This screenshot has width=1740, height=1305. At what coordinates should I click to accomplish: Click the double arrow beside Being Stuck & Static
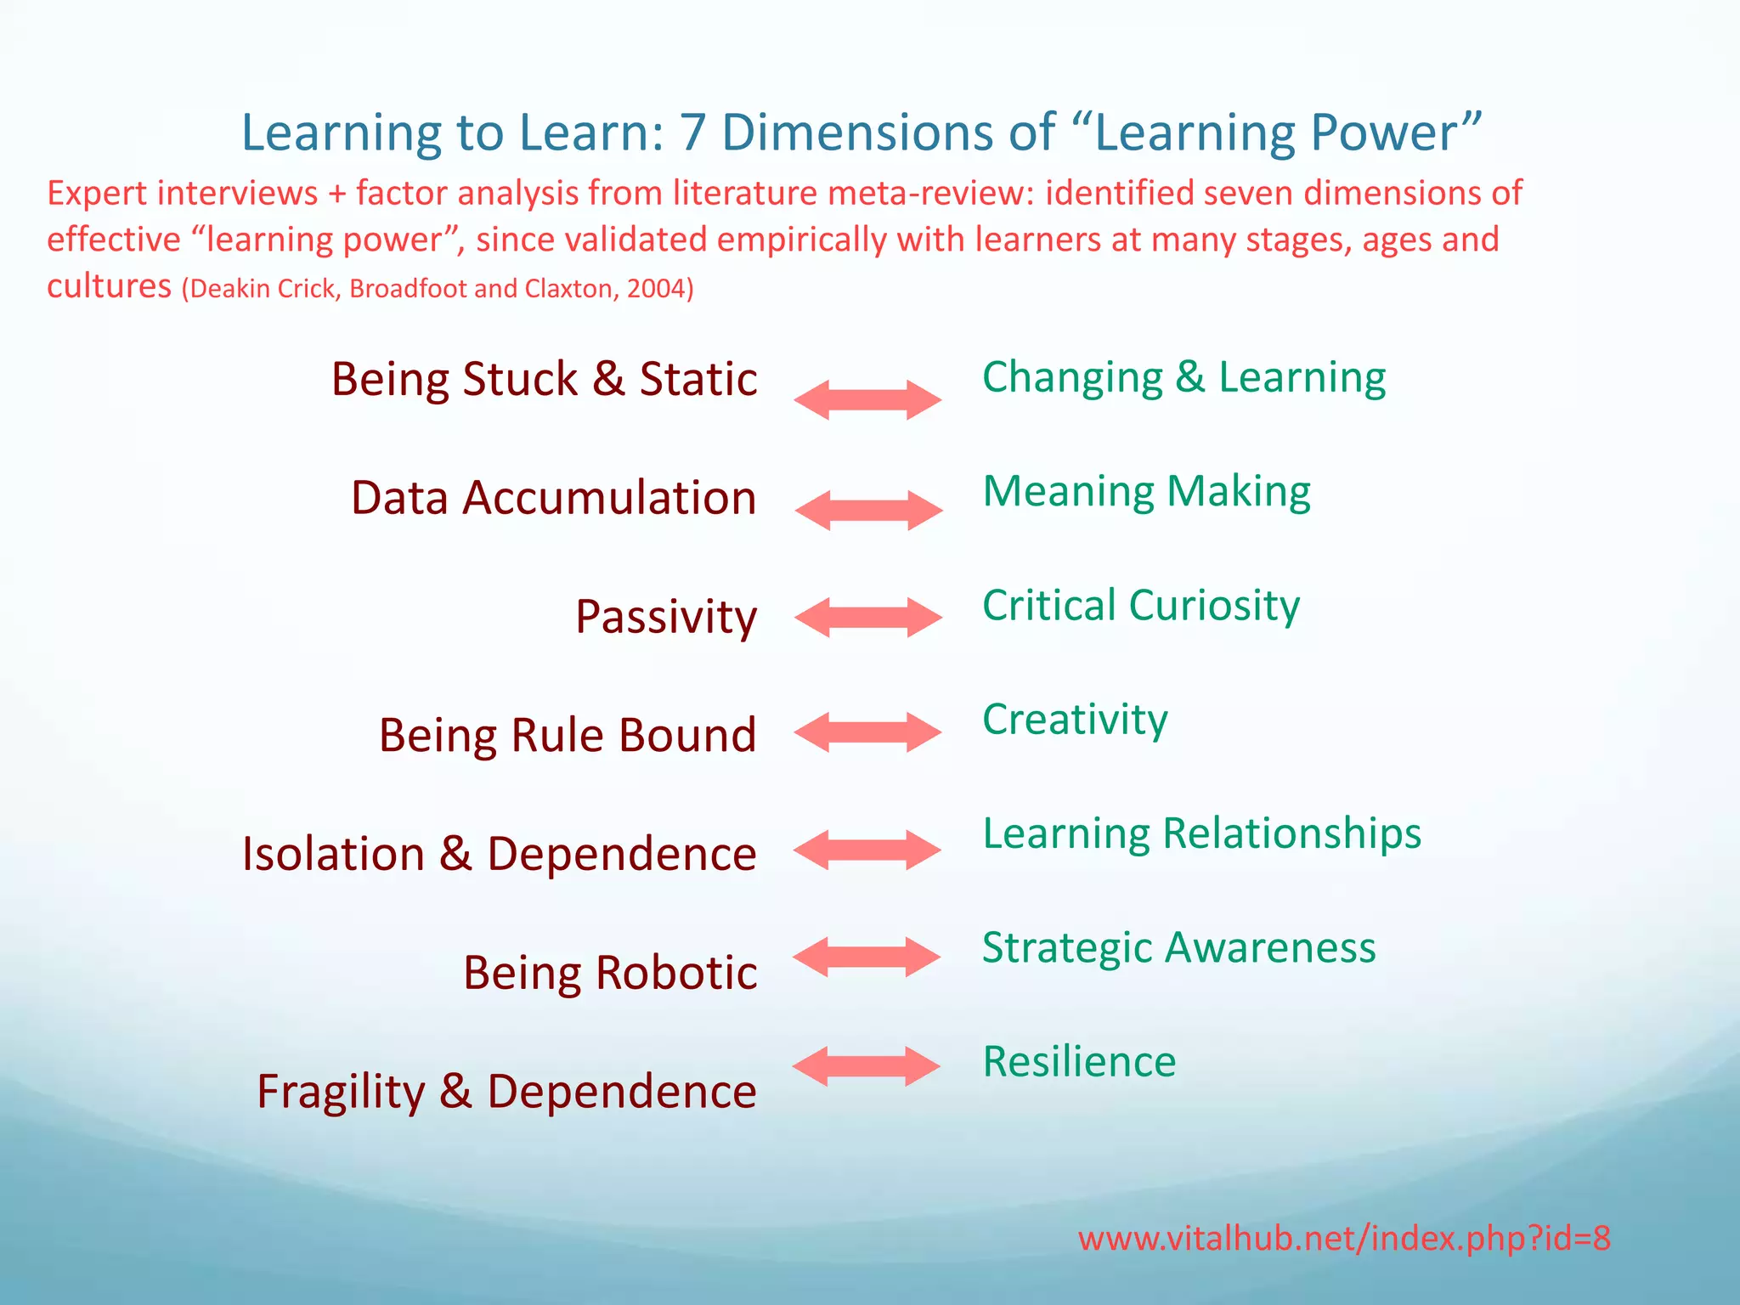coord(867,399)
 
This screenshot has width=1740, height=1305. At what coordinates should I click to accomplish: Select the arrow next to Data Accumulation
coord(868,510)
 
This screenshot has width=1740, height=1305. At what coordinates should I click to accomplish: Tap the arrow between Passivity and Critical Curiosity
coord(867,617)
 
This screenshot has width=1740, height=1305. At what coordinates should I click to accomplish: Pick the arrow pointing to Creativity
coord(867,732)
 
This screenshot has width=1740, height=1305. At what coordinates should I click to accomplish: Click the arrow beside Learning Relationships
coord(867,850)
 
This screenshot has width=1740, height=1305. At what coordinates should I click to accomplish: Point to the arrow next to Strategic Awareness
coord(867,957)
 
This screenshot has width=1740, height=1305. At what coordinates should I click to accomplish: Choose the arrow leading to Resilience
coord(867,1065)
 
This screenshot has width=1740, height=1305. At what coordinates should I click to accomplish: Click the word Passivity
coord(665,618)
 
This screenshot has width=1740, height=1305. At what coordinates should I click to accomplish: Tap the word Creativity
coord(1075,720)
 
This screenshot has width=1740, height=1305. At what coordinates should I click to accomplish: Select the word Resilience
coord(1079,1062)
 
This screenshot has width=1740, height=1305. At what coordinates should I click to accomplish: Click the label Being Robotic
coord(609,973)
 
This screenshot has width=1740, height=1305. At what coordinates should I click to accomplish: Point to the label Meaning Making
coord(1146,492)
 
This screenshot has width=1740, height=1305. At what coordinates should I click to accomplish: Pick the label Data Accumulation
coord(553,498)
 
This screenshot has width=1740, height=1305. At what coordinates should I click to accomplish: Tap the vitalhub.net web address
coord(1344,1239)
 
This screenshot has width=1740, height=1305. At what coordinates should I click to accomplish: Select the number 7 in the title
coord(692,133)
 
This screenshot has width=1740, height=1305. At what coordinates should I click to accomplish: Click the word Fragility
coord(340,1093)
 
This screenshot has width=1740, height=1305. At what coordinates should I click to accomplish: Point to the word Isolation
coord(333,854)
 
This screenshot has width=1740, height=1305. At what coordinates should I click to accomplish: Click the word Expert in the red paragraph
coord(97,194)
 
